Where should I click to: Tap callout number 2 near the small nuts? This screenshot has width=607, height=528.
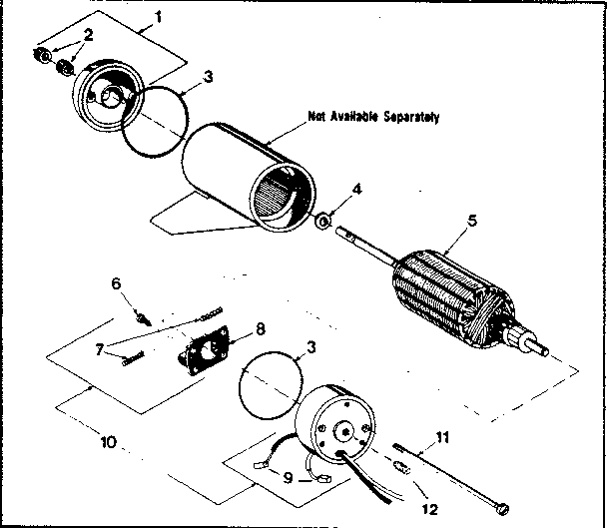[x=88, y=35]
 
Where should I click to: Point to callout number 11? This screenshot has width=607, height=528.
[x=444, y=436]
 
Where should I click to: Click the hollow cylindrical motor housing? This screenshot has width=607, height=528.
[x=240, y=180]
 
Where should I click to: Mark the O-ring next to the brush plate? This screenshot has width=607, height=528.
[x=271, y=382]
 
